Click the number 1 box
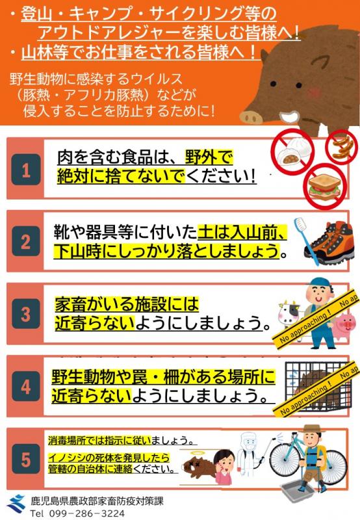(26, 171)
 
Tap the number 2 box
(26, 242)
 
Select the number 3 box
(26, 315)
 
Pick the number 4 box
(26, 387)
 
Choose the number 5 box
(26, 460)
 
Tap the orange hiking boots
(332, 244)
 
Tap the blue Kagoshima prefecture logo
(16, 503)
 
